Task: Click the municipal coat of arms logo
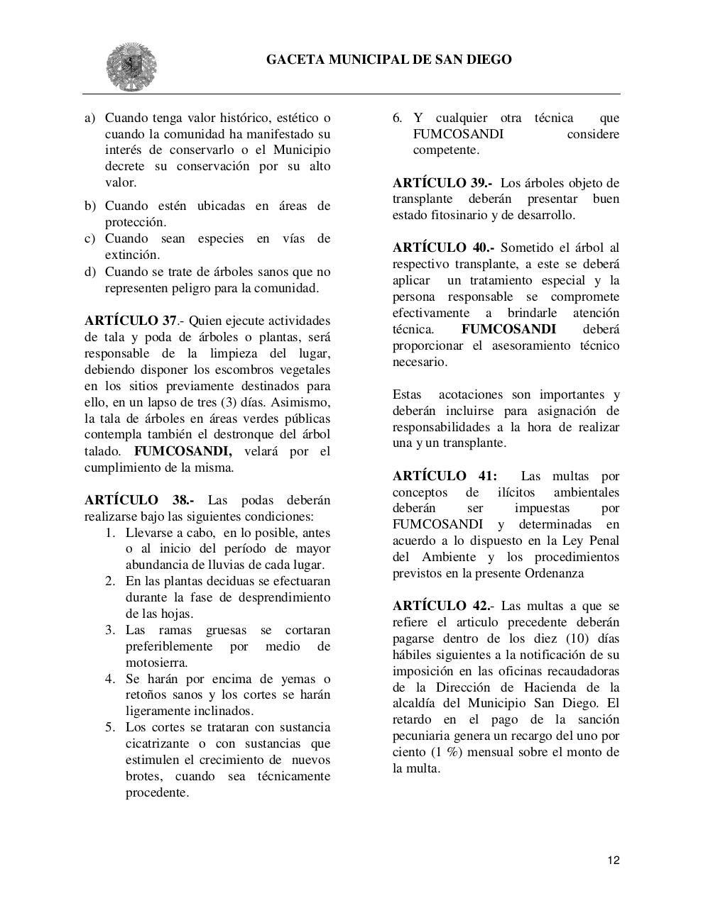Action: click(131, 67)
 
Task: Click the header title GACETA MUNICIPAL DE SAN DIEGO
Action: click(388, 60)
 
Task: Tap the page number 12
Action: click(614, 860)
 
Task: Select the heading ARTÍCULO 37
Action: click(131, 321)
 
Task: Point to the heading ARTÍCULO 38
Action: click(138, 500)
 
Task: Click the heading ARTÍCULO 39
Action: click(442, 183)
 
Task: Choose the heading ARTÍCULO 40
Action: click(443, 248)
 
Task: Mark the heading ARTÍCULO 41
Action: click(445, 476)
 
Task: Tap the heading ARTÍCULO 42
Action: click(442, 606)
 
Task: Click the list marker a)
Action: click(90, 118)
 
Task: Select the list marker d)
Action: click(90, 272)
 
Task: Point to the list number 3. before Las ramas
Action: click(110, 630)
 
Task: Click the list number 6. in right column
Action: click(398, 118)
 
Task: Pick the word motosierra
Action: click(156, 663)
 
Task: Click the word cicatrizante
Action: click(158, 743)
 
